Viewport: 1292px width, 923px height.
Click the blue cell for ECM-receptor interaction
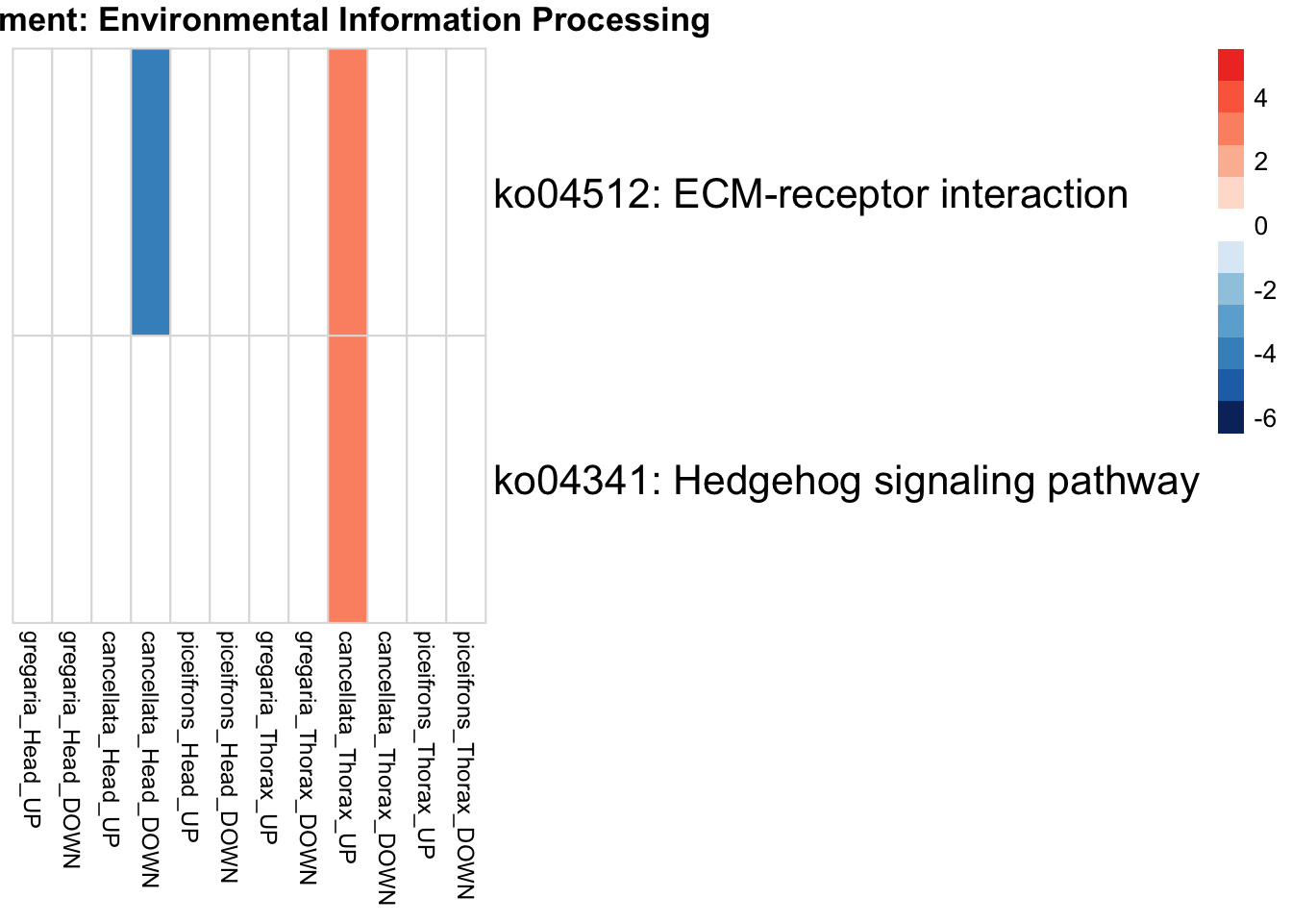[x=151, y=192]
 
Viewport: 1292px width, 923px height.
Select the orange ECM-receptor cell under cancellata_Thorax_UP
[x=347, y=192]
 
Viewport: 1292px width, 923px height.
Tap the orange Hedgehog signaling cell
[x=347, y=479]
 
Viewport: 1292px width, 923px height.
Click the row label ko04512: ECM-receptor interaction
[x=810, y=194]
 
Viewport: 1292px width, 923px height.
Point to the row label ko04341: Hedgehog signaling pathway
[x=846, y=481]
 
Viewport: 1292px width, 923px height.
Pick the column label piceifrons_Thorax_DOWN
[x=465, y=764]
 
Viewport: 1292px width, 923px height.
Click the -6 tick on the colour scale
[x=1265, y=418]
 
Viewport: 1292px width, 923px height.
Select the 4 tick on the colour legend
[x=1261, y=98]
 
